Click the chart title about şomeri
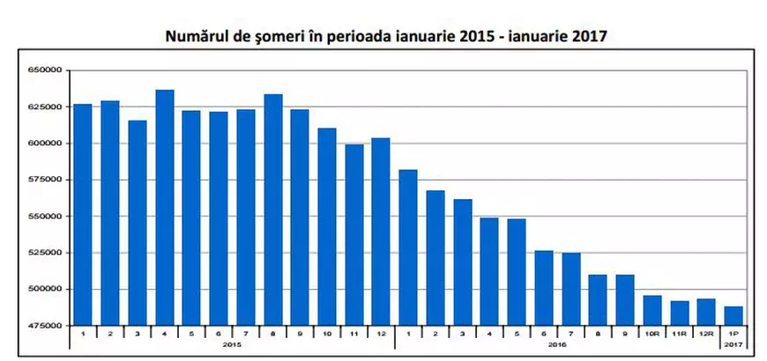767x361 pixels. coord(386,37)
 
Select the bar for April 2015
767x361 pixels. coord(165,208)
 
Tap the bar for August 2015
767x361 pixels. coord(272,210)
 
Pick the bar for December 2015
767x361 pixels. coord(381,232)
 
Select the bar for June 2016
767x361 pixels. coord(544,288)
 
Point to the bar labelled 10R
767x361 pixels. coord(652,310)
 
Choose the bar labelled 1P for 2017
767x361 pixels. coord(733,315)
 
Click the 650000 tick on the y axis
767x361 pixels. coord(43,70)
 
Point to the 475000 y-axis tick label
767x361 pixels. coord(43,326)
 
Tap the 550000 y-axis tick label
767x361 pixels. coord(43,216)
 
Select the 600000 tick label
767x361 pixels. coord(43,143)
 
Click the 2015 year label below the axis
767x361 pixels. coord(232,345)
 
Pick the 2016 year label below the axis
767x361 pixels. coord(557,345)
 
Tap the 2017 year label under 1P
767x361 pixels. coord(733,345)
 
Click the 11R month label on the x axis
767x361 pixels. coord(680,335)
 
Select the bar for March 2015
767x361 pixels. coord(138,223)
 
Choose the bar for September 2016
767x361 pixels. coord(625,300)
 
